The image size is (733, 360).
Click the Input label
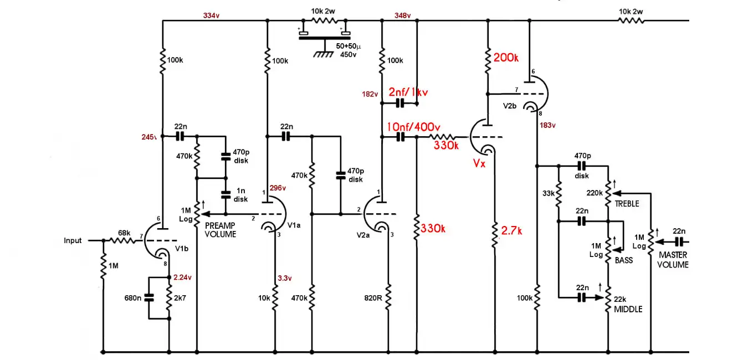pos(73,241)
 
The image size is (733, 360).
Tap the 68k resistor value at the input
pos(124,233)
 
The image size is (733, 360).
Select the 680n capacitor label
pos(132,298)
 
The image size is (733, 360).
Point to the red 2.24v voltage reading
pos(182,277)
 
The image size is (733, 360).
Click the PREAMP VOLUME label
pos(220,230)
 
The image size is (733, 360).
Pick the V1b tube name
pos(182,249)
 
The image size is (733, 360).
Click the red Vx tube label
pos(479,163)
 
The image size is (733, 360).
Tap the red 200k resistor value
pos(506,58)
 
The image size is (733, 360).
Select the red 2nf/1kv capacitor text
pos(408,92)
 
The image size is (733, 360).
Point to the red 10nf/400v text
pos(413,127)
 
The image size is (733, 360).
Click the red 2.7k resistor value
pos(511,231)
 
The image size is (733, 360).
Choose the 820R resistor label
pos(373,298)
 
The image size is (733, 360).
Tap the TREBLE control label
pos(627,204)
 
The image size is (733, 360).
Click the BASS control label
pos(624,260)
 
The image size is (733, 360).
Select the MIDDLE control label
pos(628,309)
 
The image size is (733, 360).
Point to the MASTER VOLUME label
pos(673,260)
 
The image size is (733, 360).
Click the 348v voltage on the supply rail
pos(402,16)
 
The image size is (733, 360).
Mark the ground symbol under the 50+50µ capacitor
pos(324,52)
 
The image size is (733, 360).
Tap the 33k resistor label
pos(548,193)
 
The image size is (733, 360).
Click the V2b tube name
pos(510,106)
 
